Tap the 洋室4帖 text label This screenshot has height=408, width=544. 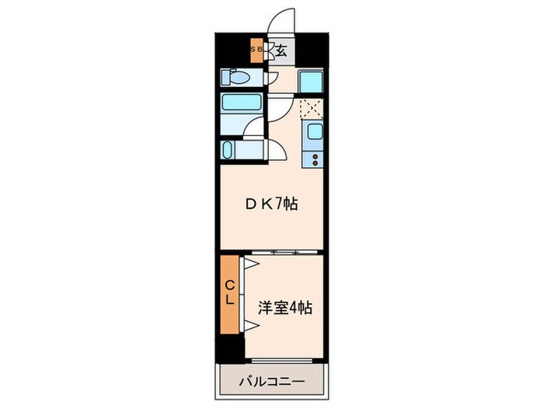(x=285, y=308)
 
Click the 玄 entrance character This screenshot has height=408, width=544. (x=281, y=51)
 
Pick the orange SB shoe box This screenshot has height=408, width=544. (x=256, y=51)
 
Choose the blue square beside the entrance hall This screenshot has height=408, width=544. (x=312, y=80)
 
